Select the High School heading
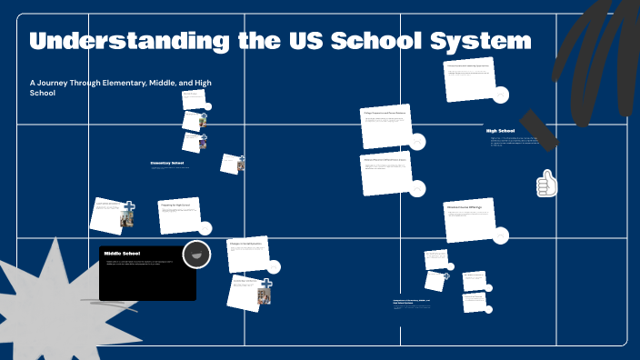(x=500, y=131)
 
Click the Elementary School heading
(x=167, y=163)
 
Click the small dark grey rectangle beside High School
(x=539, y=129)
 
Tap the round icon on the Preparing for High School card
(x=205, y=228)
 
